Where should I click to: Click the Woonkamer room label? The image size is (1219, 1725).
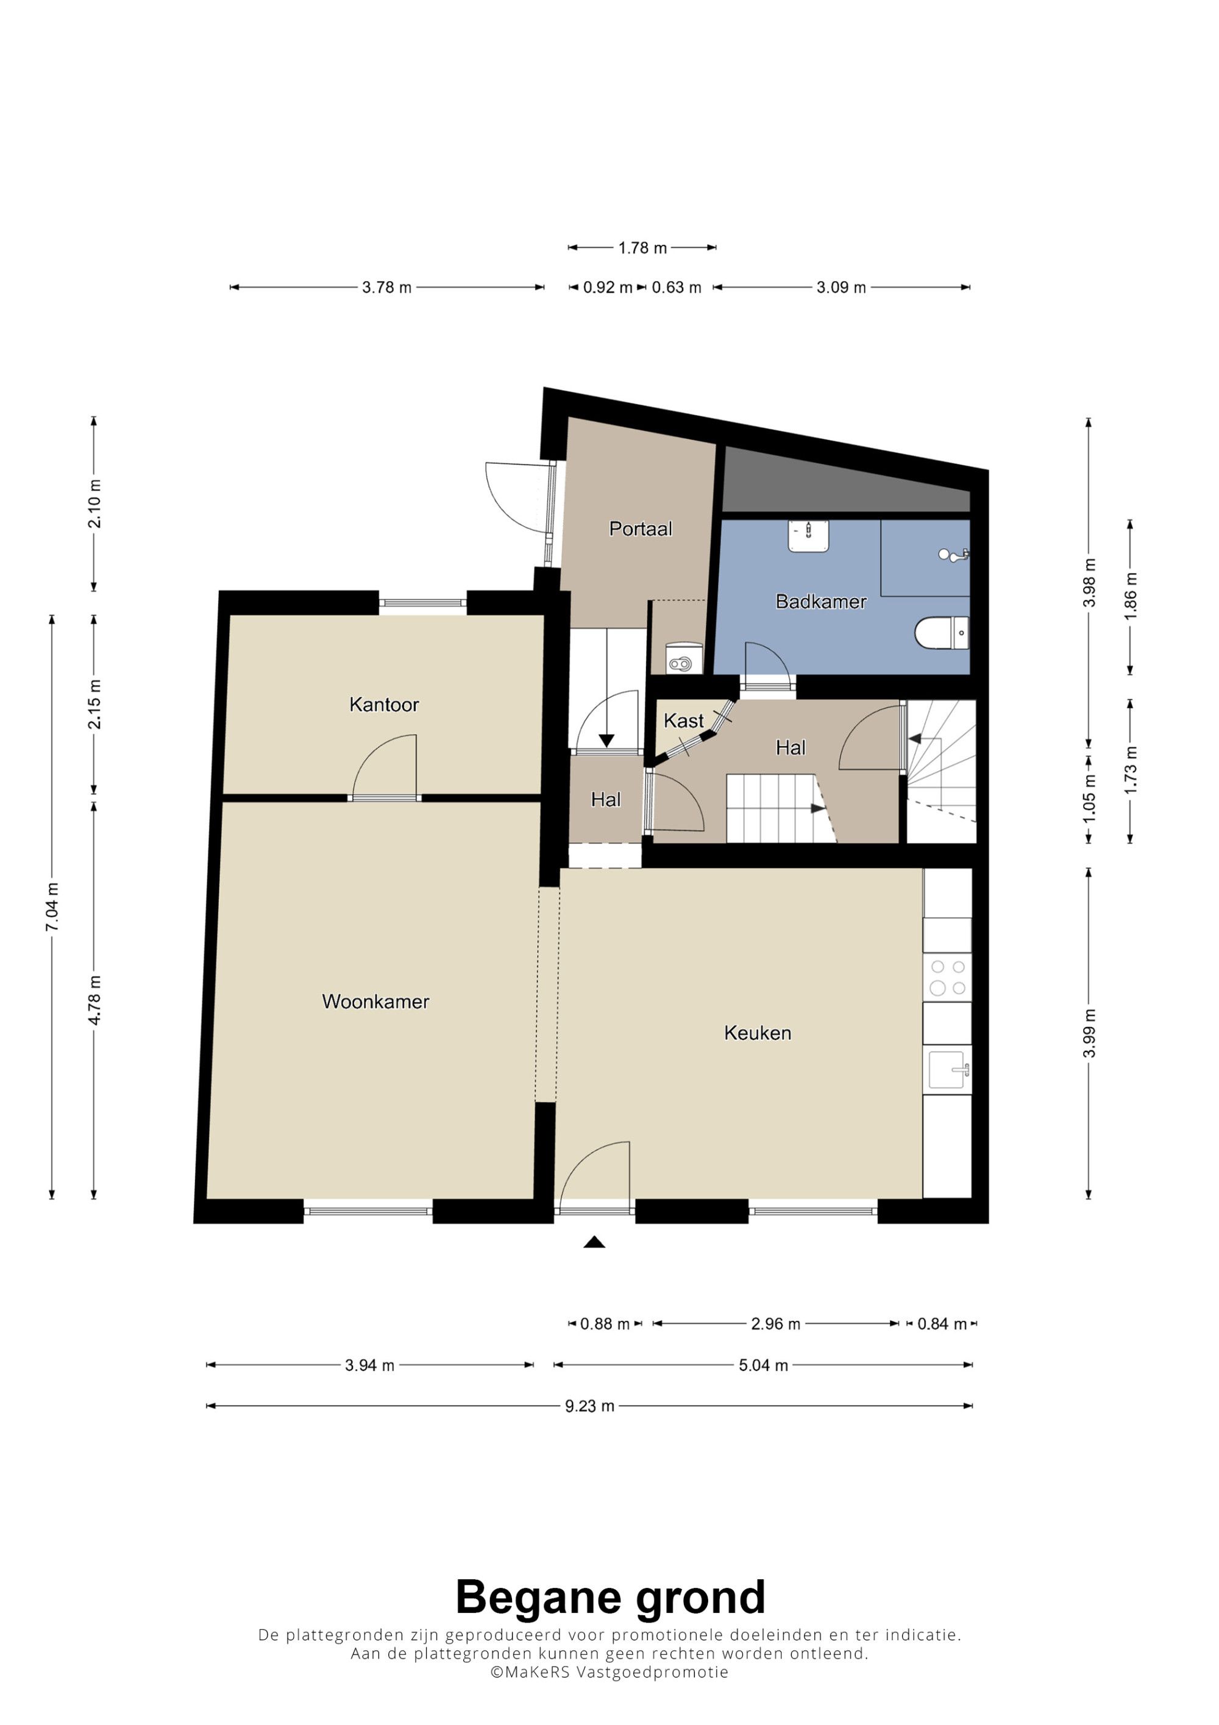pos(375,1001)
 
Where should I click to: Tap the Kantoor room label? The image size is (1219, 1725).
pos(384,705)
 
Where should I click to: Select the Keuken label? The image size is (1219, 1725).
pos(757,1033)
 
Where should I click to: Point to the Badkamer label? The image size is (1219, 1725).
pos(821,602)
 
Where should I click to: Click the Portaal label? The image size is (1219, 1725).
pos(640,529)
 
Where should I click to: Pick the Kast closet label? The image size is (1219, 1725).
pos(683,721)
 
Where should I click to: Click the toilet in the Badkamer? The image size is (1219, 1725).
pos(942,633)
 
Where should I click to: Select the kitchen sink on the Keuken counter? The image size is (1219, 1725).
pos(948,1070)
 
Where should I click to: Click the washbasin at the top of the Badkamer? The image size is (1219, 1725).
pos(808,535)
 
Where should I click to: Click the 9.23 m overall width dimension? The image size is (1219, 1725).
pos(589,1406)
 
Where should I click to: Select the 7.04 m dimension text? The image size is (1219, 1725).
pos(52,908)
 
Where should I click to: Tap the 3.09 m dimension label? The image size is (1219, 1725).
pos(841,287)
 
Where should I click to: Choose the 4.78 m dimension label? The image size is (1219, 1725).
pos(94,1000)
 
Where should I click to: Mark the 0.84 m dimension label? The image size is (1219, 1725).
pos(942,1324)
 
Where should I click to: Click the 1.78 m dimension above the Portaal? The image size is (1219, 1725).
pos(642,247)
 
